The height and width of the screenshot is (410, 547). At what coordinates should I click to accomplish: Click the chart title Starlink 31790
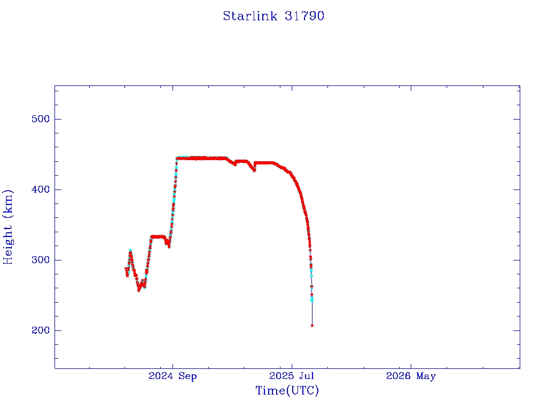click(273, 16)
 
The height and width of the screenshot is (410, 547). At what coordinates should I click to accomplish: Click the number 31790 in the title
click(304, 16)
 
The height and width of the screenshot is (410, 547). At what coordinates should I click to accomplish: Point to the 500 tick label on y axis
click(41, 119)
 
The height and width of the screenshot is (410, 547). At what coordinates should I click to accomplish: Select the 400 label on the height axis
click(41, 190)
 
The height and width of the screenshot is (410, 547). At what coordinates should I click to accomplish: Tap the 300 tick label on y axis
click(41, 260)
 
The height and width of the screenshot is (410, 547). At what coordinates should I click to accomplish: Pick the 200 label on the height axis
click(41, 330)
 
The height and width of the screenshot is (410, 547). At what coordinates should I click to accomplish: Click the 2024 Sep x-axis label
click(173, 376)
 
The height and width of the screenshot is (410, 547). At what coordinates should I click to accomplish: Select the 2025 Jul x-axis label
click(292, 376)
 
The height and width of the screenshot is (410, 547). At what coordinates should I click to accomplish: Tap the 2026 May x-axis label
click(411, 376)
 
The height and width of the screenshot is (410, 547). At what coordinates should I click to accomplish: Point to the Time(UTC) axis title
click(287, 390)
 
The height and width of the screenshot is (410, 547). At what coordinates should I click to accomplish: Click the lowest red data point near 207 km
click(312, 326)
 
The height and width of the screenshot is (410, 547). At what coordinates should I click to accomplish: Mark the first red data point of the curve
click(126, 269)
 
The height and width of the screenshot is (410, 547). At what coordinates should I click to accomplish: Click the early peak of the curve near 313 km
click(130, 251)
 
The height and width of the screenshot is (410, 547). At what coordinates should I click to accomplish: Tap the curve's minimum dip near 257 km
click(139, 290)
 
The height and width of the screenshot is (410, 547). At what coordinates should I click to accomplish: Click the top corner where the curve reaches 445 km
click(177, 158)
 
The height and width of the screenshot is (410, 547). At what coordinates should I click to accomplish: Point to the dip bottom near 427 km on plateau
click(254, 170)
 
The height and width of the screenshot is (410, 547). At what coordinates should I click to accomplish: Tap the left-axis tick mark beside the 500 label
click(58, 119)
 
